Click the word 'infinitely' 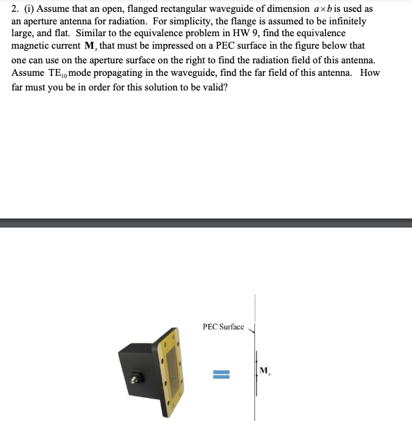click(x=353, y=22)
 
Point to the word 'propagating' click(x=123, y=73)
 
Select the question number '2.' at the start click(x=15, y=8)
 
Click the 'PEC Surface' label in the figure click(x=223, y=326)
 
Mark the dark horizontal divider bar click(x=206, y=223)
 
